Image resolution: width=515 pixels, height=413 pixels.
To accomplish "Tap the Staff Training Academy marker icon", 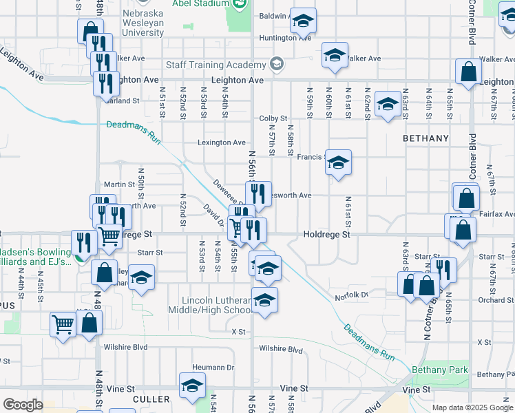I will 277,65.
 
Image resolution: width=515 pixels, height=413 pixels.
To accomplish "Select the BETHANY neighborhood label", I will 425,138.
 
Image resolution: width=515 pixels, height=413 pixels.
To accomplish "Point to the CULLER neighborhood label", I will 151,399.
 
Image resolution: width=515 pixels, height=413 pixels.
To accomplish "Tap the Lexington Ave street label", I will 222,142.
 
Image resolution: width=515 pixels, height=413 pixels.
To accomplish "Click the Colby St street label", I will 273,118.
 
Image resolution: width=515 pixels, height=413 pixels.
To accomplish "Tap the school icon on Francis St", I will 337,163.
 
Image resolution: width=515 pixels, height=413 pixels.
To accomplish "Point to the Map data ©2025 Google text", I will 472,407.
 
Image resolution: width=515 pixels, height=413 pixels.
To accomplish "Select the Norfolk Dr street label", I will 352,295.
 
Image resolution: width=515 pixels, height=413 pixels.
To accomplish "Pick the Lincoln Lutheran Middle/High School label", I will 216,305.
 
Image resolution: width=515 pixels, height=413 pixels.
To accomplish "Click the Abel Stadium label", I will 207,3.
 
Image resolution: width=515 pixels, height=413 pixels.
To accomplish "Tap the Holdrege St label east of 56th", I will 327,235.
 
